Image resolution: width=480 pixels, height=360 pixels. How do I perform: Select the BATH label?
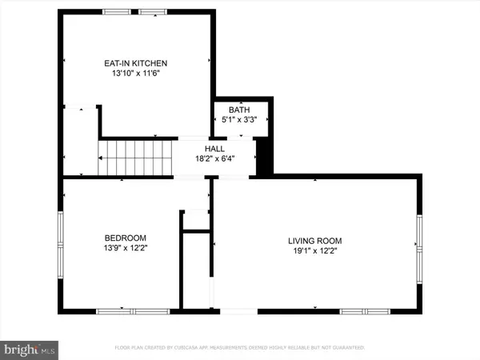click(239, 110)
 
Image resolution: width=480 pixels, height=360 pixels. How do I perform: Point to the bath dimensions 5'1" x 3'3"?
click(239, 121)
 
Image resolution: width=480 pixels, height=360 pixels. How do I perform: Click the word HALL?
click(214, 149)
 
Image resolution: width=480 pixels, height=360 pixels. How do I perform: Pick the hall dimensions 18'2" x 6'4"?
click(214, 160)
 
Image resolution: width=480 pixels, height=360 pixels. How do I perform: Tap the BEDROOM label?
click(126, 238)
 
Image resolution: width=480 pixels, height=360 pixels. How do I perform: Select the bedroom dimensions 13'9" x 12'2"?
click(126, 249)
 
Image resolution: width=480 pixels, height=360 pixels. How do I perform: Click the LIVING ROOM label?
click(315, 240)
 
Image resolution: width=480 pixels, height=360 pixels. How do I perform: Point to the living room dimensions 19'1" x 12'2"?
click(315, 251)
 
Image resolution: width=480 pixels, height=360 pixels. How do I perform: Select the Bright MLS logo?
click(30, 349)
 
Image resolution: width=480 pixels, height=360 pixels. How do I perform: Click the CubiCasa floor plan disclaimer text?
click(239, 348)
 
